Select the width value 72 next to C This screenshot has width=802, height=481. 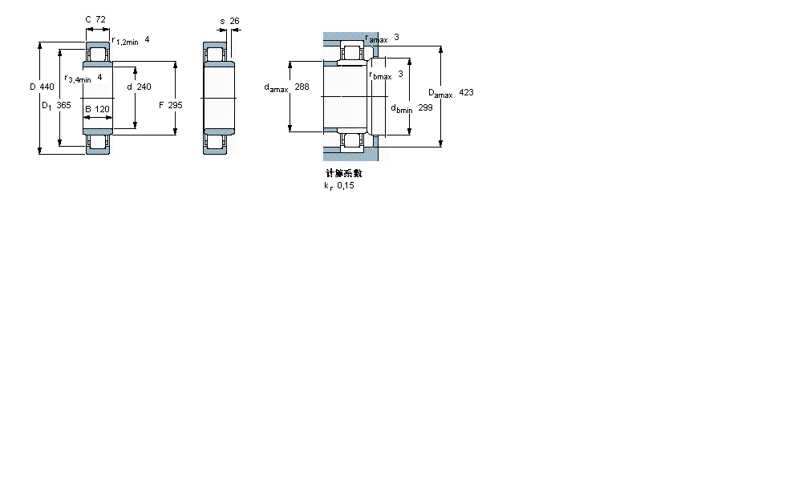point(101,19)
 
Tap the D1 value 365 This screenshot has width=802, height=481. point(63,105)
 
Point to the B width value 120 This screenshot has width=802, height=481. point(102,109)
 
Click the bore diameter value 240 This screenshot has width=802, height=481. point(144,87)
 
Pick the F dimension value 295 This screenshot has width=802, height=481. point(175,105)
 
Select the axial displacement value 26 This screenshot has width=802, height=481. point(234,21)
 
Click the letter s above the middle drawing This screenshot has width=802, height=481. point(222,21)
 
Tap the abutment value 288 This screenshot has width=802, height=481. point(302,87)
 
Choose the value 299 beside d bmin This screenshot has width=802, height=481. point(425,107)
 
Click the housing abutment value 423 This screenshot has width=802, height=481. point(466,93)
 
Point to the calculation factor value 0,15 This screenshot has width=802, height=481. point(345,186)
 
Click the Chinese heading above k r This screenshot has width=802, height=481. point(343,173)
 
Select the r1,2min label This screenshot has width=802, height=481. point(125,41)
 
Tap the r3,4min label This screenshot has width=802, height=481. point(78,79)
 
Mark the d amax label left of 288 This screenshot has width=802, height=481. point(276,88)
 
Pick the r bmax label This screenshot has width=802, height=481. point(380,75)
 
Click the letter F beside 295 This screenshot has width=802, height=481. point(161,105)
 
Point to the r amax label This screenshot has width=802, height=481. point(376,38)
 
